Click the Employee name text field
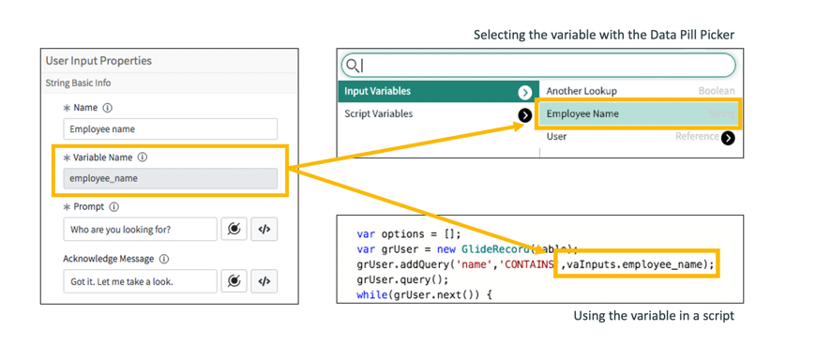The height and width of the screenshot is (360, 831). click(x=170, y=129)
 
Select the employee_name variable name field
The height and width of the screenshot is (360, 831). click(x=170, y=178)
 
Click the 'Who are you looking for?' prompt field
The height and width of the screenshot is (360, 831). click(x=140, y=229)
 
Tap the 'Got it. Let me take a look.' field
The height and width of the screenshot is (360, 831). click(x=140, y=281)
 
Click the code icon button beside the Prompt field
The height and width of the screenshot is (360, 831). click(x=264, y=229)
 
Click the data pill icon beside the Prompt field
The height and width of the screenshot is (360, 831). click(x=234, y=229)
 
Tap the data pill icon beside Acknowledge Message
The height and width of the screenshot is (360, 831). click(x=234, y=281)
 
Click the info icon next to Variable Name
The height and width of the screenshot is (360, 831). click(x=143, y=157)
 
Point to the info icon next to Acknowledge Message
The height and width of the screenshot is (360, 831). click(x=164, y=259)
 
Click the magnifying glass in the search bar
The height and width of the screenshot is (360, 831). click(x=353, y=65)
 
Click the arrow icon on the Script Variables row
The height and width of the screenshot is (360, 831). click(x=525, y=114)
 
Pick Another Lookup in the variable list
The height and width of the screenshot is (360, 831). click(x=582, y=91)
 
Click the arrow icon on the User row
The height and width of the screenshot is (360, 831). click(x=728, y=137)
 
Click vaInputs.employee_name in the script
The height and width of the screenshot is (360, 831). click(x=640, y=264)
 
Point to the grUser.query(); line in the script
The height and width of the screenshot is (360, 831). click(x=402, y=279)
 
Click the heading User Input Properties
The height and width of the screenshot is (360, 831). click(x=98, y=61)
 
